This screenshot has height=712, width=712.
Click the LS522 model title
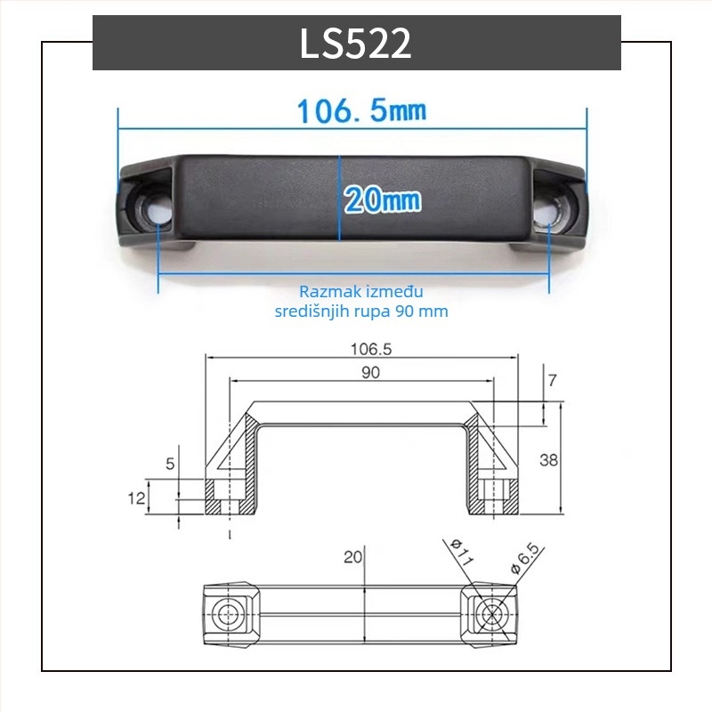pyautogui.click(x=355, y=43)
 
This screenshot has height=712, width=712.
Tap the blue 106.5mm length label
pyautogui.click(x=362, y=110)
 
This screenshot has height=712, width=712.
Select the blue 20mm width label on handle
pyautogui.click(x=383, y=199)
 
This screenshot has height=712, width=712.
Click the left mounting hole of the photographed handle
pyautogui.click(x=155, y=209)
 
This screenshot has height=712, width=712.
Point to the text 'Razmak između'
pyautogui.click(x=361, y=292)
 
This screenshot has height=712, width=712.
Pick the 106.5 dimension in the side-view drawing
pyautogui.click(x=371, y=349)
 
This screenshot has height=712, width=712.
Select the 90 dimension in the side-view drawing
pyautogui.click(x=370, y=372)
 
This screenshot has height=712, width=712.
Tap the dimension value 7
pyautogui.click(x=552, y=380)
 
